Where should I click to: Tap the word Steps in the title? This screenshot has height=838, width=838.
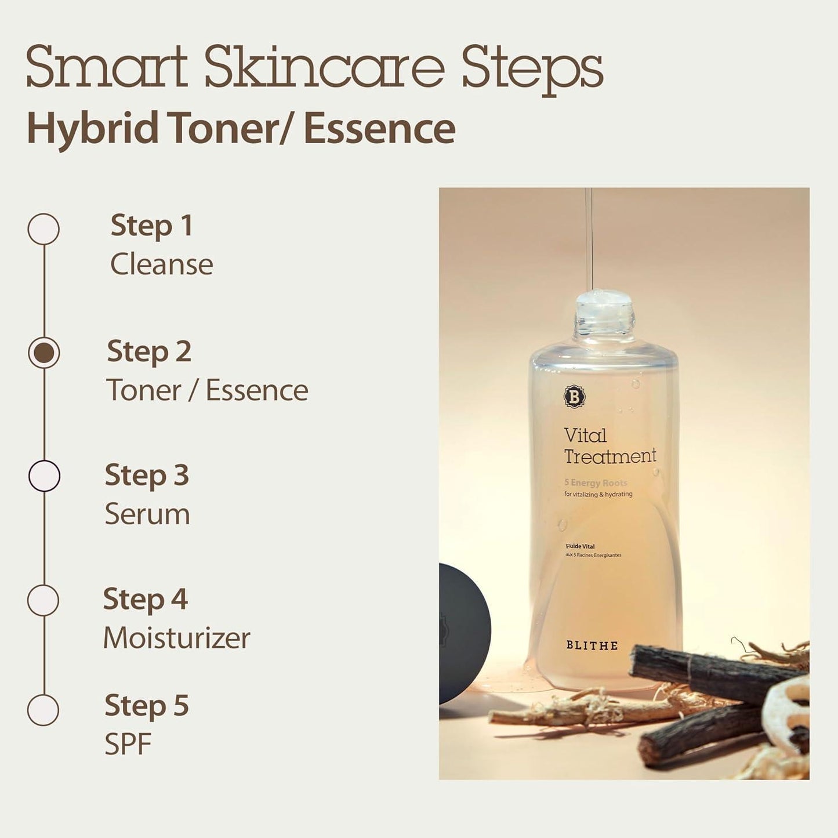(x=532, y=68)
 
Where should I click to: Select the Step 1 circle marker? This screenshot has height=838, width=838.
(x=43, y=229)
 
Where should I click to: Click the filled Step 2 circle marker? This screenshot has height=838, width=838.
(x=44, y=353)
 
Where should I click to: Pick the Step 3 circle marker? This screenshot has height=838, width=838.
(x=44, y=476)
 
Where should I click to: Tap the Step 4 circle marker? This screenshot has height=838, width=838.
(x=43, y=600)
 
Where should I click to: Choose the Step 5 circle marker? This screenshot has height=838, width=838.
(x=43, y=710)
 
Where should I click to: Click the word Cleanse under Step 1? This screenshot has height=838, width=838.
(x=162, y=264)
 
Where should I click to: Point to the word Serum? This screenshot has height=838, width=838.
(x=147, y=514)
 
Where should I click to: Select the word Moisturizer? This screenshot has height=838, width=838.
(x=177, y=638)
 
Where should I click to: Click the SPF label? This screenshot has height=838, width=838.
(x=128, y=745)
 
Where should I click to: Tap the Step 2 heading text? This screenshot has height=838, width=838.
(x=149, y=352)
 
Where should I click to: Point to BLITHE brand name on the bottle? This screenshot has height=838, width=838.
(x=592, y=645)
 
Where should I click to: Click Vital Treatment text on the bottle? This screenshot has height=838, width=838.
(x=609, y=446)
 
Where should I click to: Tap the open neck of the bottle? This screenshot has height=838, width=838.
(x=604, y=302)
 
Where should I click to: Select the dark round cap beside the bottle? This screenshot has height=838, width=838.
(x=464, y=632)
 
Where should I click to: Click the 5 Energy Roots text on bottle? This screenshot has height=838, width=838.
(x=596, y=483)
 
